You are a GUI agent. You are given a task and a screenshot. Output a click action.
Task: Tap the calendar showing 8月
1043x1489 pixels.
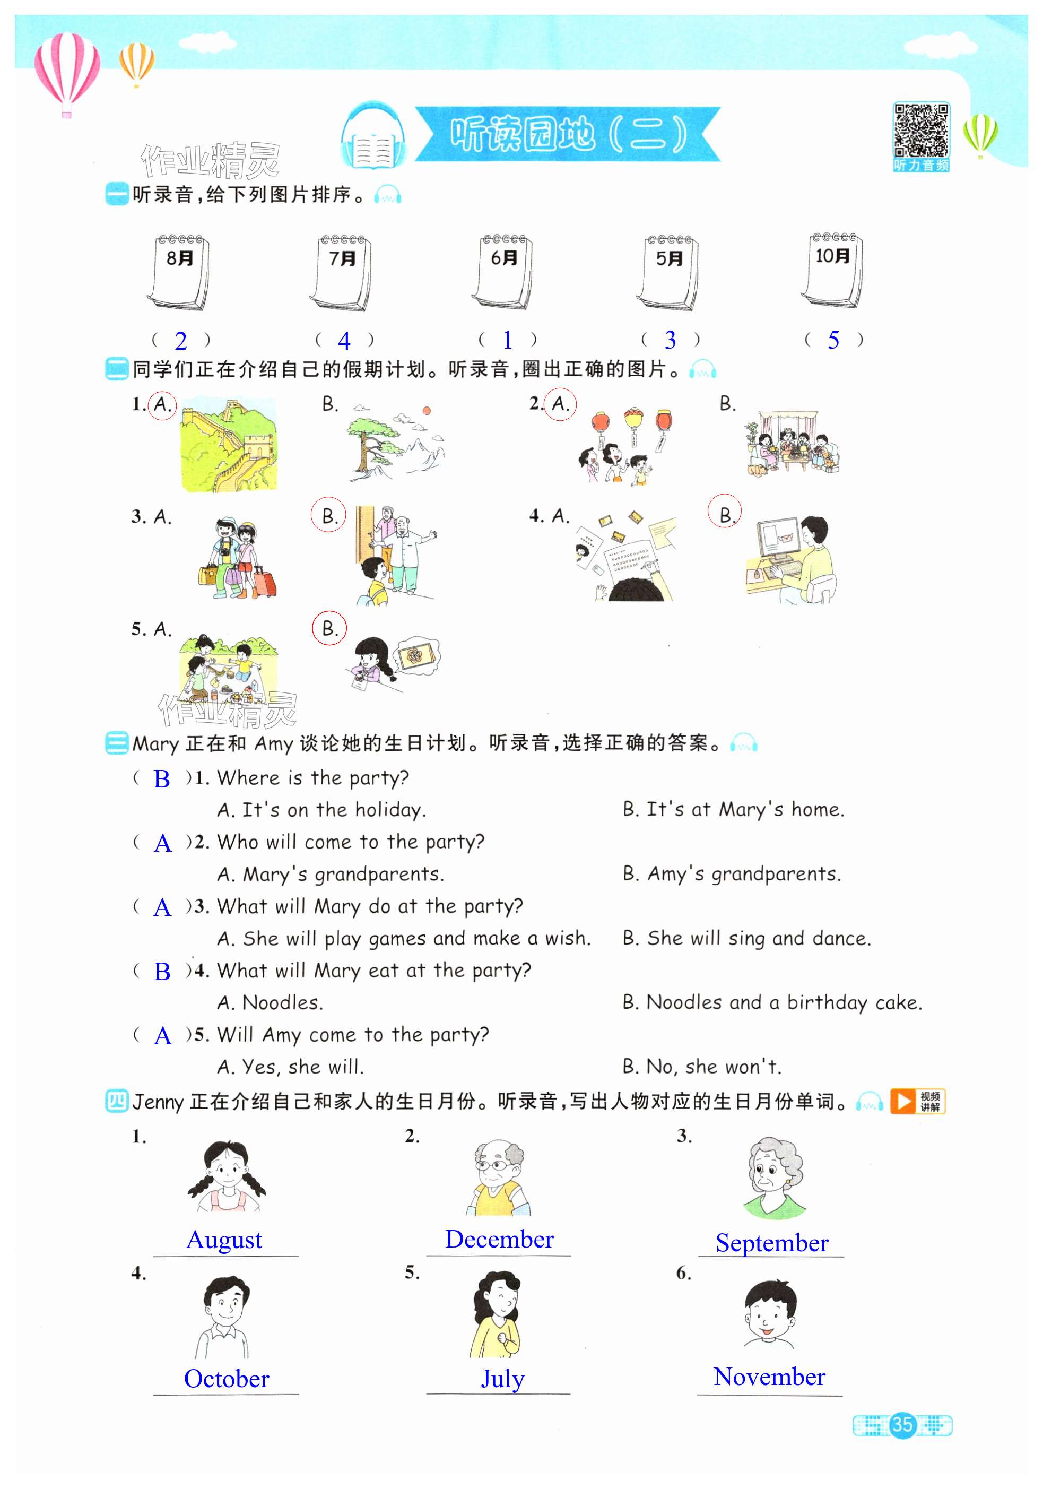[179, 272]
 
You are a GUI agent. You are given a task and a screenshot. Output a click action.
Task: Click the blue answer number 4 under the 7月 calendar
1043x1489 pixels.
[344, 341]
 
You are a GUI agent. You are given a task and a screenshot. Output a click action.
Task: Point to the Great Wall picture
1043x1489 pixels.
[228, 444]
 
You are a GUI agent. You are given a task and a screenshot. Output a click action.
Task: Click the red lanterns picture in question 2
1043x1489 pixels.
[626, 446]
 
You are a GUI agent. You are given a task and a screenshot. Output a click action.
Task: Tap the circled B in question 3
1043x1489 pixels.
[328, 516]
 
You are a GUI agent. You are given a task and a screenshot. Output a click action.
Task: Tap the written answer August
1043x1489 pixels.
[224, 1240]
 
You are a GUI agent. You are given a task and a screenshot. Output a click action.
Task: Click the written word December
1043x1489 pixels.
[499, 1239]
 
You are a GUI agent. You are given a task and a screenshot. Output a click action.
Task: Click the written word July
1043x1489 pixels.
[502, 1379]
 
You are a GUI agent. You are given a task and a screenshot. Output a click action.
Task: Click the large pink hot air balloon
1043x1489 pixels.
[67, 70]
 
